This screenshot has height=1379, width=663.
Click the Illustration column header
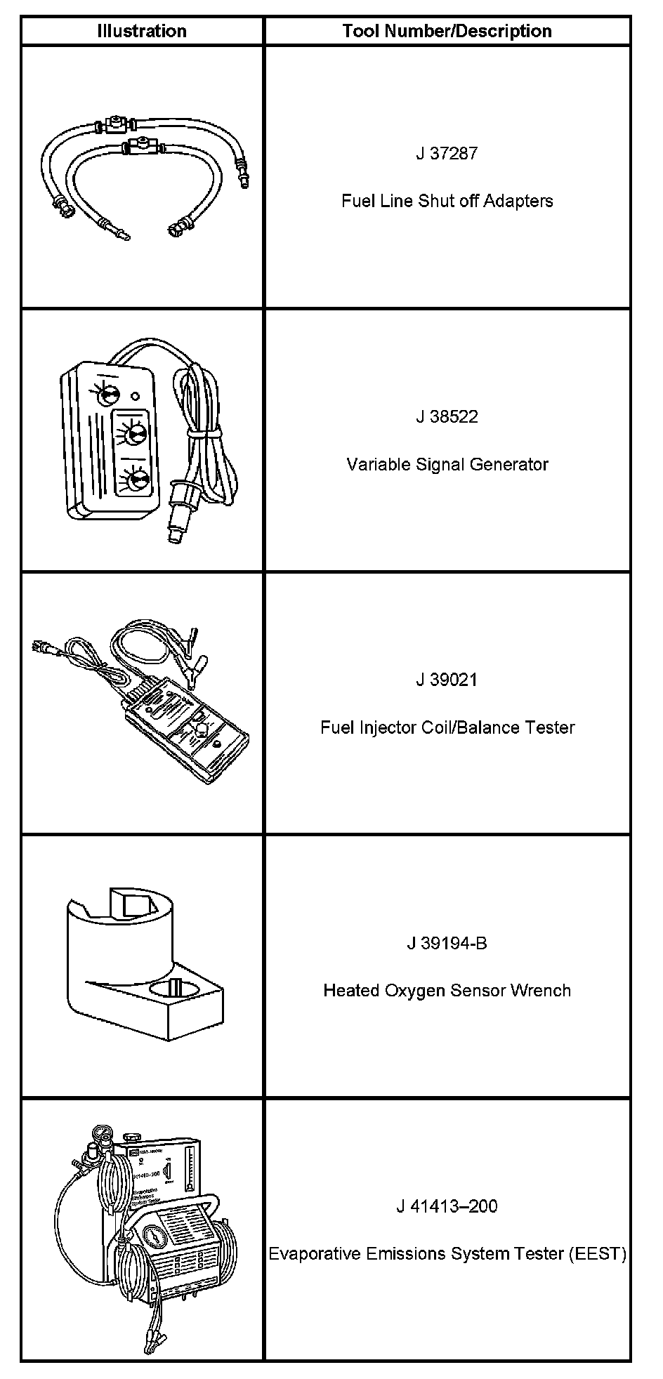click(141, 31)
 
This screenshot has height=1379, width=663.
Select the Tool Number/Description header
click(447, 31)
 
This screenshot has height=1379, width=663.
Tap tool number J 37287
click(447, 153)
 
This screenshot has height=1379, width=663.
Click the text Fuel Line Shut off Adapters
click(447, 201)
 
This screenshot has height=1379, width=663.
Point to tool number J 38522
click(447, 416)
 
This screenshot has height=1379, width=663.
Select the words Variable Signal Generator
click(447, 464)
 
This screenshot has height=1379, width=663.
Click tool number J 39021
click(447, 680)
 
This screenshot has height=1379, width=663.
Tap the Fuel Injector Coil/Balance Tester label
click(447, 727)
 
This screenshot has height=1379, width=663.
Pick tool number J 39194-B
click(447, 943)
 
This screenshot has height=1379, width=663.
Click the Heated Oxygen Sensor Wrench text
click(447, 991)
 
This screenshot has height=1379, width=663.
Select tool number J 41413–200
click(447, 1206)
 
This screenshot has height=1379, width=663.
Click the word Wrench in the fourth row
click(541, 991)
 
